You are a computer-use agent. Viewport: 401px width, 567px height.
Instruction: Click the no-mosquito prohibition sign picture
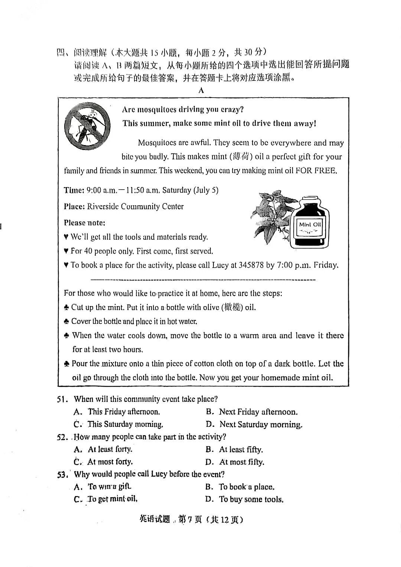click(x=88, y=125)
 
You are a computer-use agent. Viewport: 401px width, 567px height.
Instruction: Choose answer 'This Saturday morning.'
click(x=125, y=424)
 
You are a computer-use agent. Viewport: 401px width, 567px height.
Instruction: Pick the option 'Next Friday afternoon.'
click(x=258, y=412)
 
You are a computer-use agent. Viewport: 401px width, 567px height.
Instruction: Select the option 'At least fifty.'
click(x=241, y=450)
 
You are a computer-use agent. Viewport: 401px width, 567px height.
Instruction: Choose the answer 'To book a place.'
click(x=247, y=487)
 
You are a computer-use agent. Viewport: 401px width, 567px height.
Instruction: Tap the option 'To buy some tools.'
click(x=251, y=499)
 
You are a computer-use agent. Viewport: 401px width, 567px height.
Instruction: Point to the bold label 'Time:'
click(x=74, y=190)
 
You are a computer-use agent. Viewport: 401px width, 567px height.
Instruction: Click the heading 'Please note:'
click(x=84, y=223)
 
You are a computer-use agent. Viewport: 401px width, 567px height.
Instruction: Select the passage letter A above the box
click(x=201, y=90)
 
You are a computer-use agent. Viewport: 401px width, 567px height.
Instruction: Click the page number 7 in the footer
click(x=190, y=520)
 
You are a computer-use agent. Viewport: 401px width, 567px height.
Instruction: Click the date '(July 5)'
click(x=205, y=190)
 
